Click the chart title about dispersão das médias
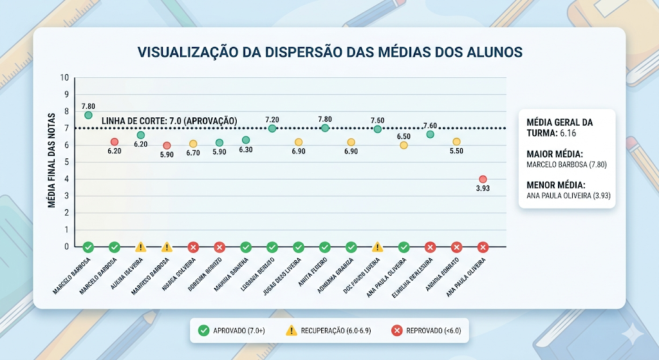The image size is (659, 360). (x=329, y=52)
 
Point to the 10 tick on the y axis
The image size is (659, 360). (x=64, y=77)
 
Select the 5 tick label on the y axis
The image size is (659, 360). (x=65, y=162)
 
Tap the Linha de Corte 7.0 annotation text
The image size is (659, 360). (x=170, y=121)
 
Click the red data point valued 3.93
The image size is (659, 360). (x=483, y=179)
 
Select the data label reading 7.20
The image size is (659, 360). (x=272, y=120)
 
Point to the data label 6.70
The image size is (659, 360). (x=193, y=153)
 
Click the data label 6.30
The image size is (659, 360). (x=245, y=150)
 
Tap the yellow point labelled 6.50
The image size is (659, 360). (x=404, y=146)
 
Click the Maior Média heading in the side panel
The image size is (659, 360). (x=555, y=154)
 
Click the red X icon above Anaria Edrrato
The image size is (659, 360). (x=456, y=247)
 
